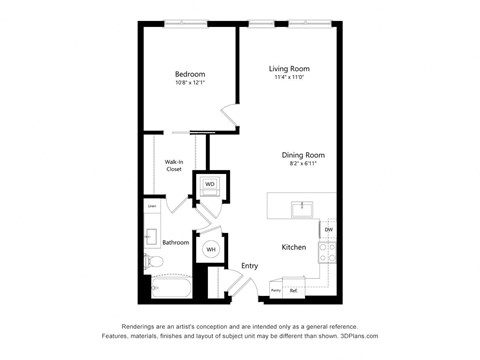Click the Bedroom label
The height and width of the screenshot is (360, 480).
tap(190, 74)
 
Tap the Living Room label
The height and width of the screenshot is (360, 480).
tap(287, 69)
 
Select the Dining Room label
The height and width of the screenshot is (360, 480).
tap(303, 154)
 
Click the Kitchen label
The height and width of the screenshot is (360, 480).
tap(293, 245)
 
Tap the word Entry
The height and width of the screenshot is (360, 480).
tap(250, 265)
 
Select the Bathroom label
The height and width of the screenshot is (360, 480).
tap(176, 242)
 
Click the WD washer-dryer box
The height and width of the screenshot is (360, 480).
tap(211, 185)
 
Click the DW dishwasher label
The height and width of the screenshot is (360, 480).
tap(328, 230)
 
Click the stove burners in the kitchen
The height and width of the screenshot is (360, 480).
tap(327, 251)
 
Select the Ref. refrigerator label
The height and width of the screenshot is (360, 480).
tap(294, 290)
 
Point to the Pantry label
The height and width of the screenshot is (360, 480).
tap(275, 290)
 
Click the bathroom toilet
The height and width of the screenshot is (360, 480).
tap(152, 262)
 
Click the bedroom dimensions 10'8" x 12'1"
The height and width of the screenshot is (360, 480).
tap(190, 83)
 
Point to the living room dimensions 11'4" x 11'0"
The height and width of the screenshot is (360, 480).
tap(287, 78)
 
